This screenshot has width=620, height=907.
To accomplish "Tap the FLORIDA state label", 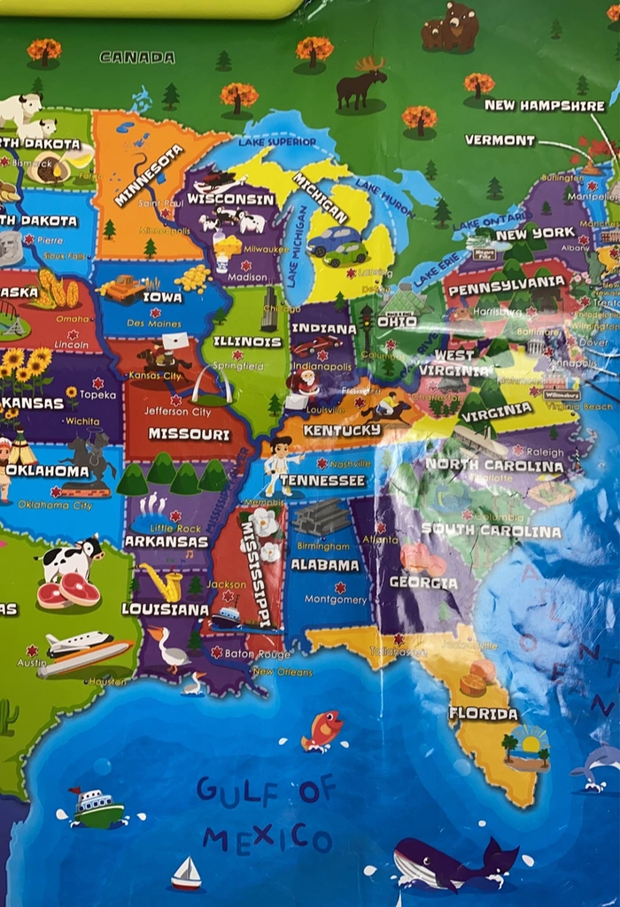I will pyautogui.click(x=483, y=713).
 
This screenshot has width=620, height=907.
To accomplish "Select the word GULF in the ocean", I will pyautogui.click(x=232, y=788).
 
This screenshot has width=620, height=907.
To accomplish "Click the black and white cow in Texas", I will pyautogui.click(x=69, y=559).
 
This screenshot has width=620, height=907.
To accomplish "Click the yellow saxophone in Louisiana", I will pyautogui.click(x=166, y=581).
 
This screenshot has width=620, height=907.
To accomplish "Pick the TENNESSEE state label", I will pyautogui.click(x=322, y=480).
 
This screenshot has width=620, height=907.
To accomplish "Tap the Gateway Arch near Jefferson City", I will pyautogui.click(x=215, y=384).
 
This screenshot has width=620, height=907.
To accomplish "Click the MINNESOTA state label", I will pyautogui.click(x=148, y=175).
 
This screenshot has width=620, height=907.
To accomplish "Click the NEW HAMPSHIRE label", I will pyautogui.click(x=545, y=105).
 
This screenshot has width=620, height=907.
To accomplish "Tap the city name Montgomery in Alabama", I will pyautogui.click(x=336, y=600).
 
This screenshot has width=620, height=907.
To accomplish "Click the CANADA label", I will pyautogui.click(x=136, y=57).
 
